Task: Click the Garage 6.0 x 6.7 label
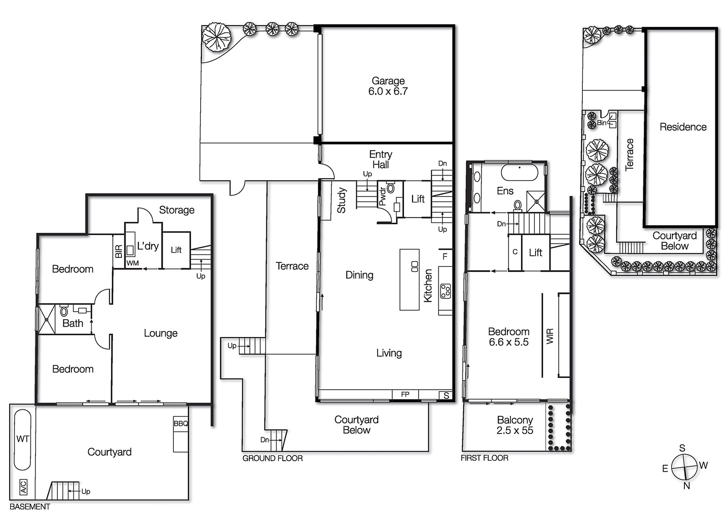tap(388, 86)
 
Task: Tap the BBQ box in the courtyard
tap(181, 423)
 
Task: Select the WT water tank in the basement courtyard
tap(22, 439)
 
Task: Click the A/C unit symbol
tap(23, 487)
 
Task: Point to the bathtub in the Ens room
tap(520, 173)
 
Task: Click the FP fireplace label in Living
tap(405, 394)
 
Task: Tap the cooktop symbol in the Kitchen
tap(445, 291)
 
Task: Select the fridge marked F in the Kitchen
tap(445, 257)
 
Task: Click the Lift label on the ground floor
tap(418, 199)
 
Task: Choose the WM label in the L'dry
tap(132, 263)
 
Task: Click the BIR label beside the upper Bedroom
tap(118, 251)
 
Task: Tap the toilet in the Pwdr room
tap(391, 188)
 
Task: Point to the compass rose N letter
tap(687, 485)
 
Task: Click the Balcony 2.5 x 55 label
tap(515, 425)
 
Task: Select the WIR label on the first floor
tap(550, 336)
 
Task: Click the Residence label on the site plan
tap(682, 127)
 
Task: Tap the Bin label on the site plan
tap(602, 123)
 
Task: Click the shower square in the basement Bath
tap(46, 319)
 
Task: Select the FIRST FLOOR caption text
tap(484, 458)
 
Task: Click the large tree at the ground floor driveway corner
tap(216, 37)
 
